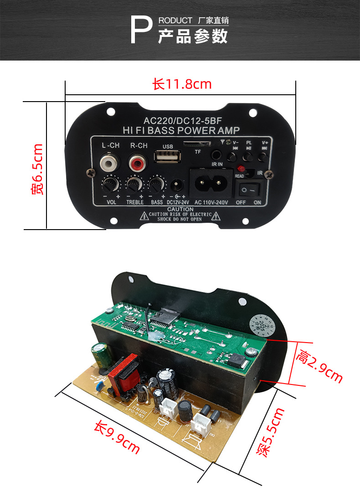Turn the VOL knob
tap(110, 184)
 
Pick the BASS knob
tap(156, 184)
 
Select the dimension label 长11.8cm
tap(182, 84)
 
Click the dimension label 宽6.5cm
tap(37, 169)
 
